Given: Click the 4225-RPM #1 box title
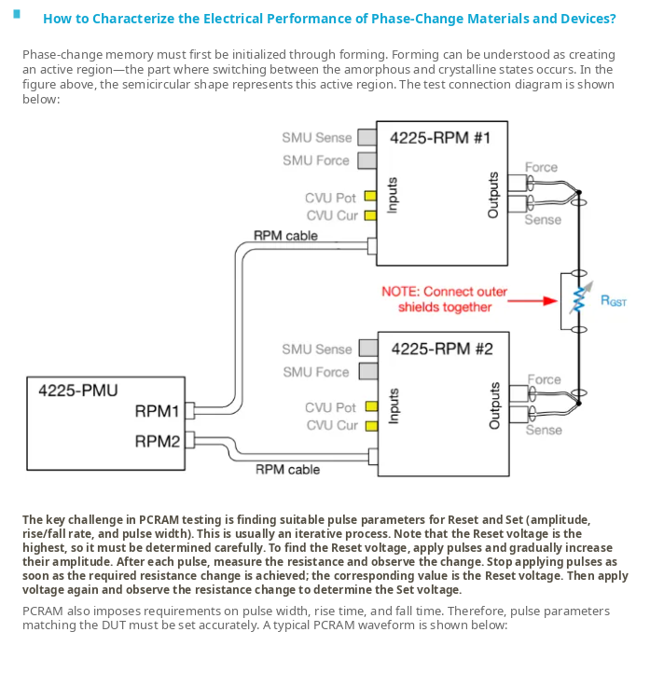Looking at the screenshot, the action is tap(440, 138).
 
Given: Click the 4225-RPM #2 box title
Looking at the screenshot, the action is tap(442, 350).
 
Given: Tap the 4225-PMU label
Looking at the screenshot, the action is tap(78, 391).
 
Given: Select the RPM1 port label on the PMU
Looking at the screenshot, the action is tap(157, 411).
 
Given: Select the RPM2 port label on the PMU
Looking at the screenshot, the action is tap(158, 441).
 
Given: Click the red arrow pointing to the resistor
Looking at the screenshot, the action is tap(532, 301).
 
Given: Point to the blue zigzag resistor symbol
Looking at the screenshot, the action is tap(579, 300).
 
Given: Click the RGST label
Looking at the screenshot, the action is tap(614, 301).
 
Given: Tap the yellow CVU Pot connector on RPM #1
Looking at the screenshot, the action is tap(371, 196).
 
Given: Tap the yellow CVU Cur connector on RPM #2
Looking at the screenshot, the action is tap(372, 426).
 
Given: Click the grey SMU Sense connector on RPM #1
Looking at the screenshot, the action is tap(366, 137).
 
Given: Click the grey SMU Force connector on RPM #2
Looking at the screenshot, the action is tap(368, 371).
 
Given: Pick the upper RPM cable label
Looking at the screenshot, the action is tap(285, 236).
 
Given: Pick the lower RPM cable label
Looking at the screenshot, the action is tap(287, 470).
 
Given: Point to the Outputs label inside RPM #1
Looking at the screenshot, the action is tap(493, 195).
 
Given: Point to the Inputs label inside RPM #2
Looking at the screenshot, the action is tap(394, 406).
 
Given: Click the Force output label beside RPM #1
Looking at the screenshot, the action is tap(541, 168).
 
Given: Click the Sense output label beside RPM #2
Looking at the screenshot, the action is tap(544, 431).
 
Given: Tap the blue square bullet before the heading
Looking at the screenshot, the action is tap(17, 14).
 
